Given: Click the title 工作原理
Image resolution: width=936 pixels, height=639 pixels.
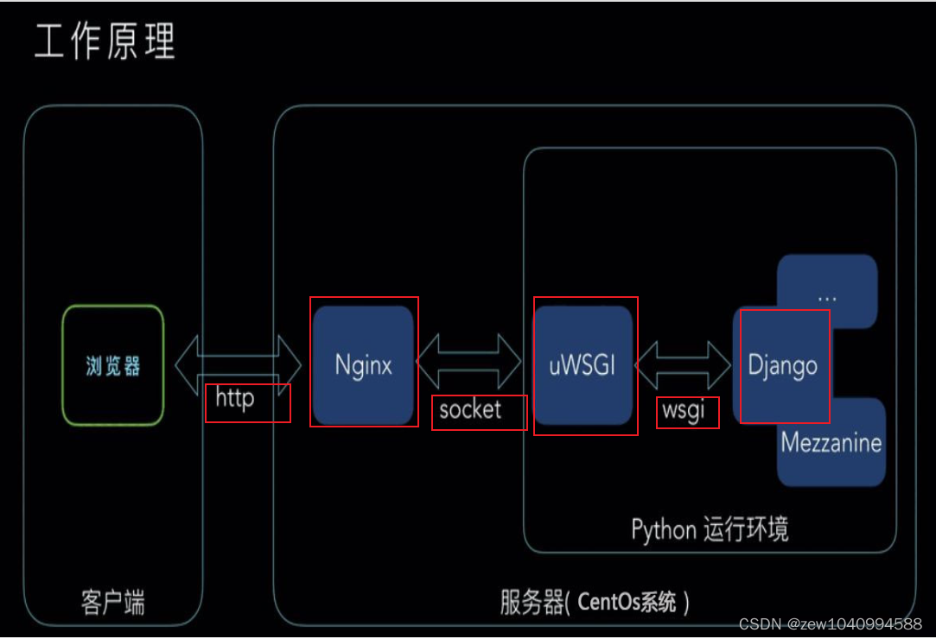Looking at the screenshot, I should point(105,42).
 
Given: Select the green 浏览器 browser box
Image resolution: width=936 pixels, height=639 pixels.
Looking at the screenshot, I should point(113,365).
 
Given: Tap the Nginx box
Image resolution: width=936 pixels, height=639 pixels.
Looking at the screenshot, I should point(363,365).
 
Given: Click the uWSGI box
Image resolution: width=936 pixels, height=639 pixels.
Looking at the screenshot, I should point(583,365).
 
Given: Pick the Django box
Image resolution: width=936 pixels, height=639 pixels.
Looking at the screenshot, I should point(782,365).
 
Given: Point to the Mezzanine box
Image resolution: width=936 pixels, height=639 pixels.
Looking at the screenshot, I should point(831,443).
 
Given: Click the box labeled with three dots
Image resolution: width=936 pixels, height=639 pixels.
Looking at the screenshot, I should point(827,294).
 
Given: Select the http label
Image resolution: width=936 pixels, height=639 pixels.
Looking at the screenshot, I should point(235,399).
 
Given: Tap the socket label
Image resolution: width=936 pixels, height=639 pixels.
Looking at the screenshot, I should point(470,409).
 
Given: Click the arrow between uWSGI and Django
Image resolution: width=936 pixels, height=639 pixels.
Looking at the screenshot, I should point(683,364).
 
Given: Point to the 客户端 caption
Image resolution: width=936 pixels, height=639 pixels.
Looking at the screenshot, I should point(113,601).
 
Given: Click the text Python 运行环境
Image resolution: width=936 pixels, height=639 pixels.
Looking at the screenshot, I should point(710,528).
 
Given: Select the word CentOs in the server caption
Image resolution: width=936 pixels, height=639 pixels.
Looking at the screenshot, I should point(614,602).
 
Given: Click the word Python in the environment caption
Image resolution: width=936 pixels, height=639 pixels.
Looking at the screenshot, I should point(664,528).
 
